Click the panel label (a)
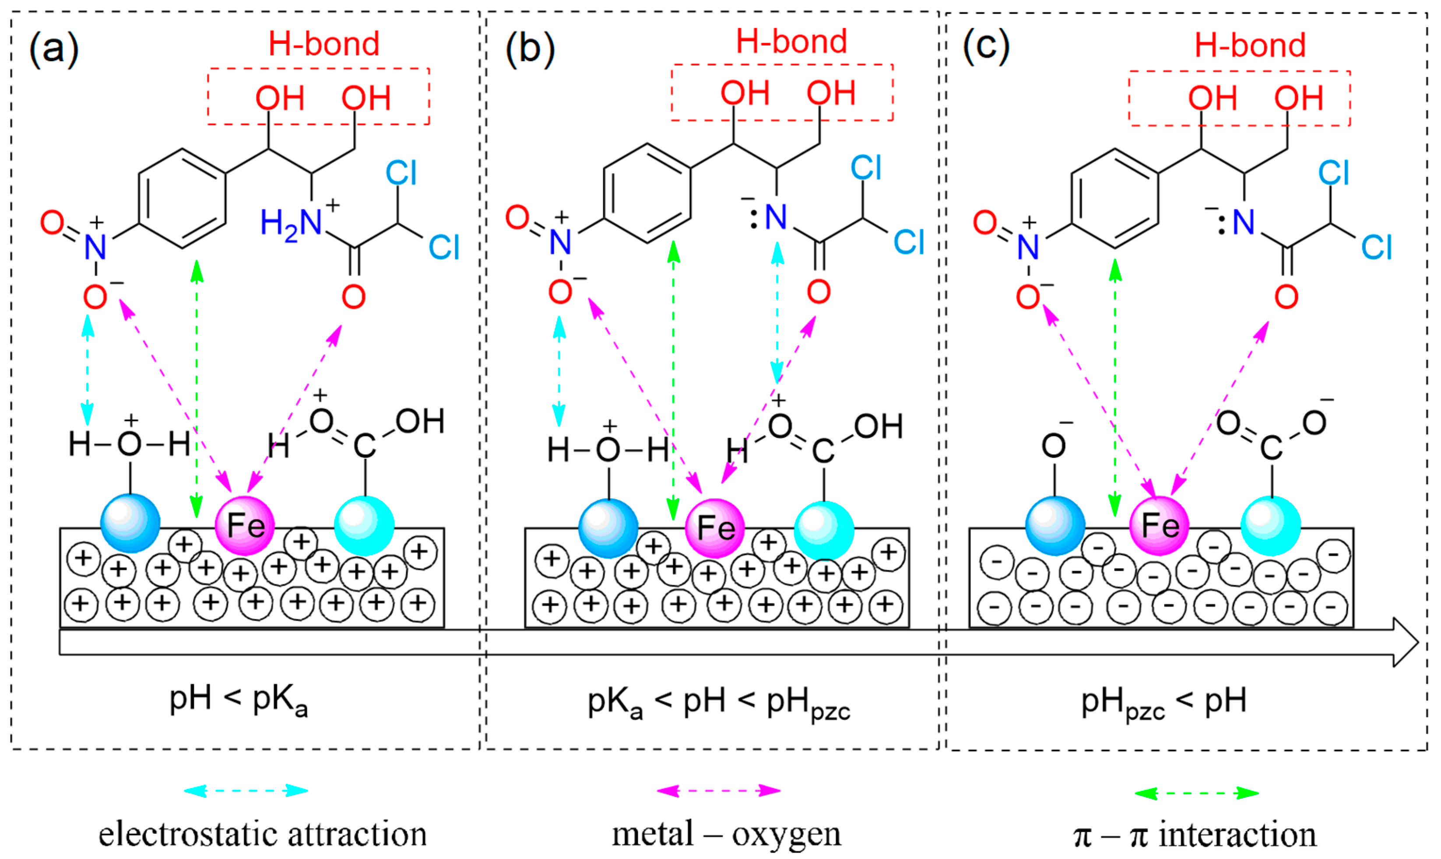[x=53, y=49]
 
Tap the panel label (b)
[x=529, y=49]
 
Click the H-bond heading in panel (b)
[x=791, y=42]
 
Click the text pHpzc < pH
[x=1163, y=702]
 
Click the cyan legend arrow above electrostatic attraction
[x=246, y=791]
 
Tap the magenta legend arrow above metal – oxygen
[x=718, y=791]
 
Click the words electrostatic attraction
[x=262, y=834]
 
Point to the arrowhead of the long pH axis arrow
[x=1405, y=643]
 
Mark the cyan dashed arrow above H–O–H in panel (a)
[x=88, y=370]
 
